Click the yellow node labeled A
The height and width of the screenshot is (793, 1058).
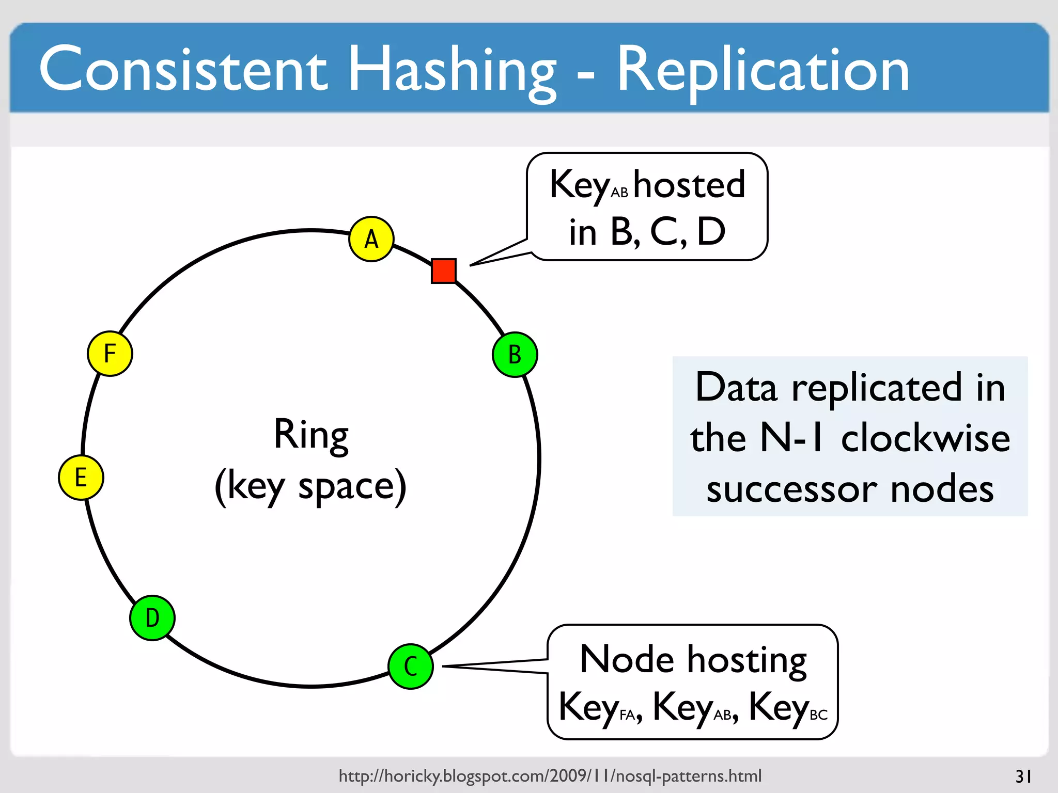tap(371, 239)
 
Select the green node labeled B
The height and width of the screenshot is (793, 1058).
tap(515, 355)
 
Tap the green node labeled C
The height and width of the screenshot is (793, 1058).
tap(411, 666)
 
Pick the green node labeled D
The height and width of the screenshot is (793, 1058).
tap(152, 617)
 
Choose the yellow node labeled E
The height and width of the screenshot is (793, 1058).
tap(81, 478)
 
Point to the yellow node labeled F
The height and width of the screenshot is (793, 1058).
tap(110, 354)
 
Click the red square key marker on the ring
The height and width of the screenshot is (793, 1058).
tap(444, 271)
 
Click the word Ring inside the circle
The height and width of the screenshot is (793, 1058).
tap(311, 435)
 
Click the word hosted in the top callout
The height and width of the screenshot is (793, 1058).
tap(689, 185)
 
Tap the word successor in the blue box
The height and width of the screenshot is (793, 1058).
tap(791, 489)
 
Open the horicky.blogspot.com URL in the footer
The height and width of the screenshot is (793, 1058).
tap(550, 775)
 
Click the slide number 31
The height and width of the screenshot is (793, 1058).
tap(1023, 776)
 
